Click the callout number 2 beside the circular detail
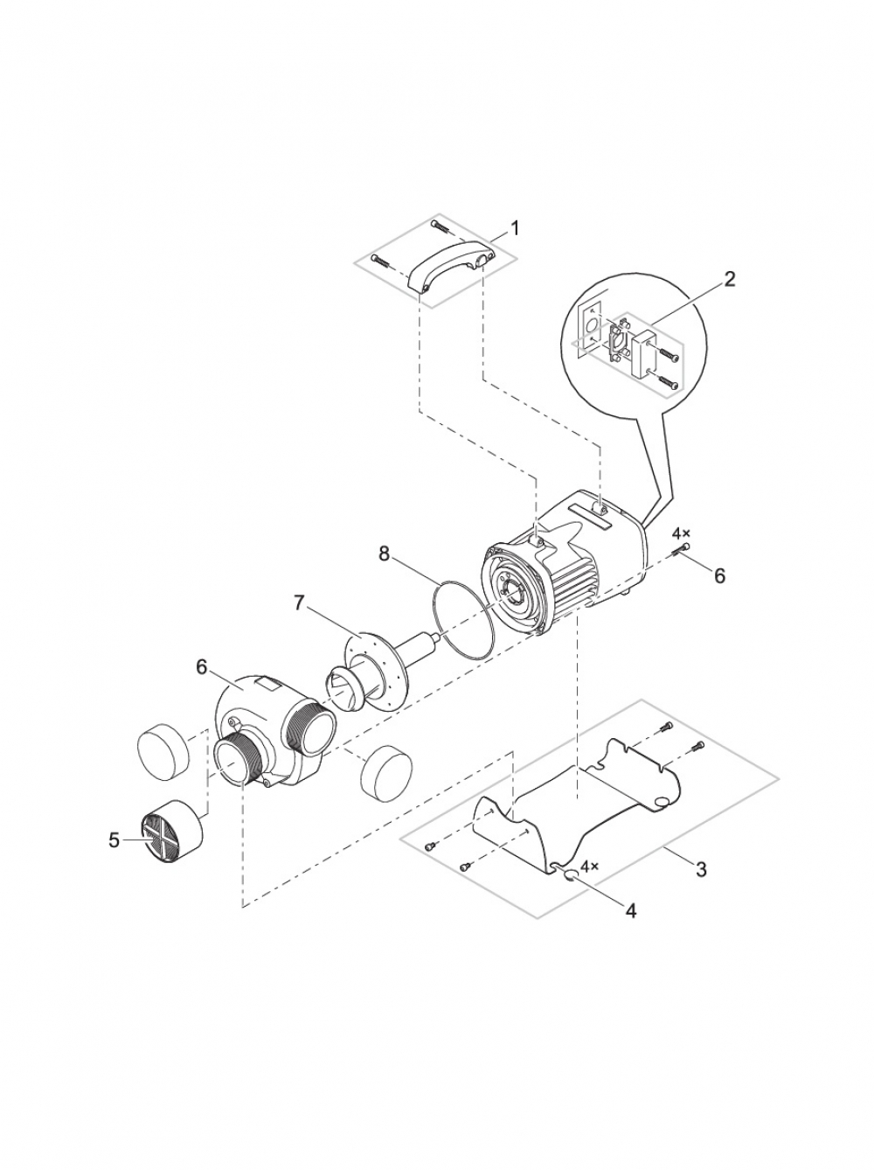(729, 279)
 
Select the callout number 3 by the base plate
(701, 869)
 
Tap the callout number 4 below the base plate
(631, 911)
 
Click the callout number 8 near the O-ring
(384, 554)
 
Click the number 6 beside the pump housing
(201, 667)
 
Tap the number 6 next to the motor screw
(719, 575)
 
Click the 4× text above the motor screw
(681, 533)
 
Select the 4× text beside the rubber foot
(590, 867)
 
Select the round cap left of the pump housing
(164, 751)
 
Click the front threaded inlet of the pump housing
(238, 763)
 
